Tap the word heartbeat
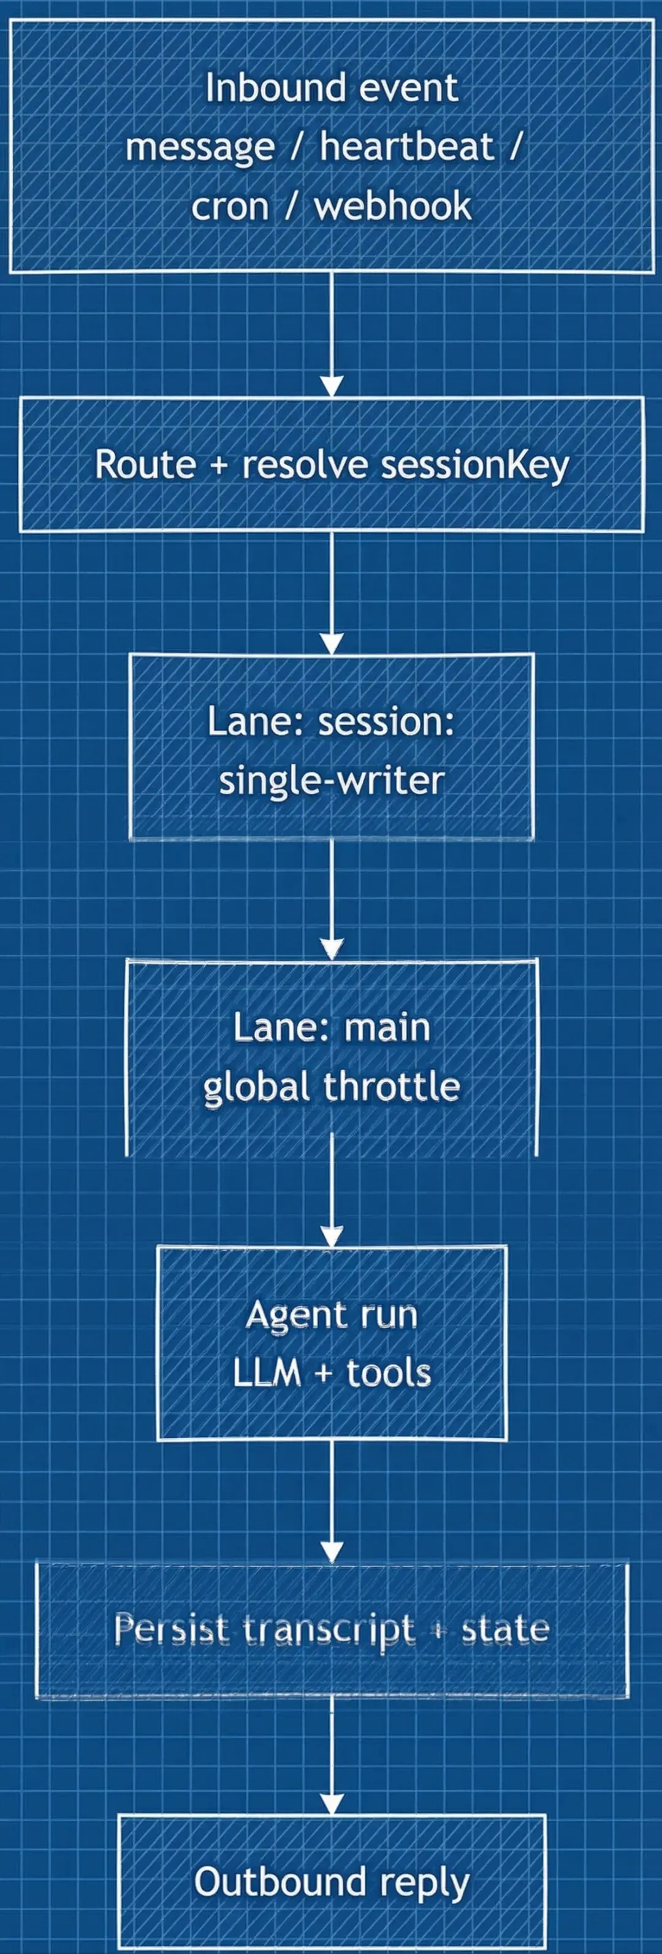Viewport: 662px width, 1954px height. point(406,147)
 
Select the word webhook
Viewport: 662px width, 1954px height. point(393,206)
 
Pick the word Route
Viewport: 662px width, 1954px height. point(144,464)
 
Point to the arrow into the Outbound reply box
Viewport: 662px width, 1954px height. point(332,1767)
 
